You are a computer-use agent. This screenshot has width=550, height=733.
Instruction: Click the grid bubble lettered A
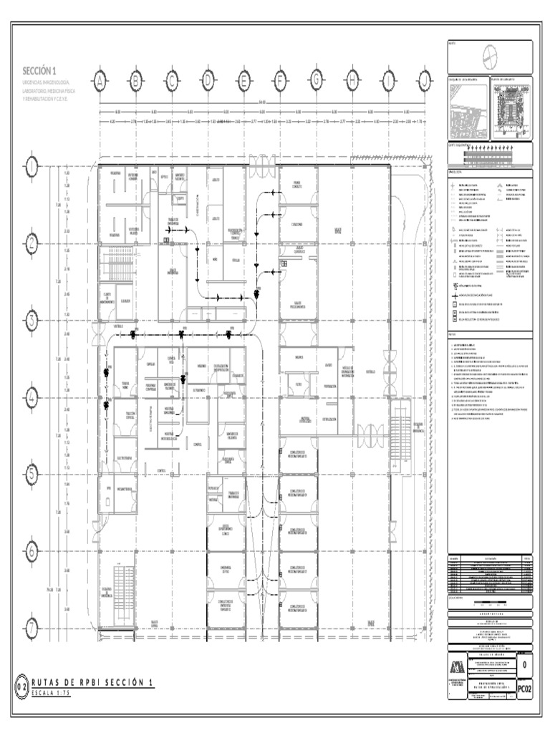pos(100,81)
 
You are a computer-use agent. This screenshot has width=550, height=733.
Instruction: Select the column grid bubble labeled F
pos(280,81)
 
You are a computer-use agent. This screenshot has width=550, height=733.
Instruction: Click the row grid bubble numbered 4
pos(33,396)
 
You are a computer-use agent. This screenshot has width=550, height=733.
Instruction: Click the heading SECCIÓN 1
pos(39,70)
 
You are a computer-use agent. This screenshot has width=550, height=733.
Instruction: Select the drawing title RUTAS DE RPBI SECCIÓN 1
pos(94,684)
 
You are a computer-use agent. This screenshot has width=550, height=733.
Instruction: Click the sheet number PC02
pos(525,689)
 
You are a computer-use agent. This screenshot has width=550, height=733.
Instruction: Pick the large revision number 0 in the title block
pos(525,665)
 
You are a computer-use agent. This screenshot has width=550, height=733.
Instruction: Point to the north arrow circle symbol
pos(489,57)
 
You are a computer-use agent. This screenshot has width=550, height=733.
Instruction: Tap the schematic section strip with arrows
pos(490,153)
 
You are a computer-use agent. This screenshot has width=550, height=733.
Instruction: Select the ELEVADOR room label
pos(126,301)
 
